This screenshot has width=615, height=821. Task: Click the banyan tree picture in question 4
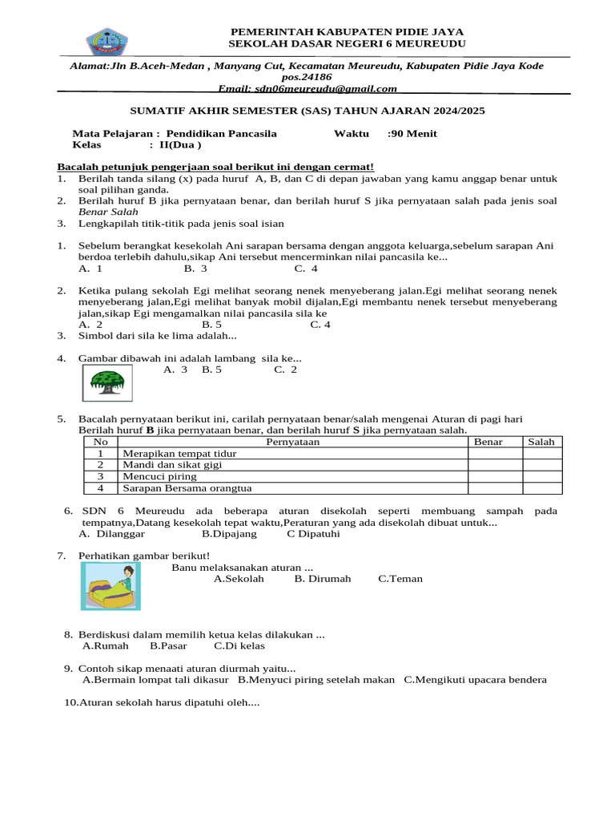pos(107,382)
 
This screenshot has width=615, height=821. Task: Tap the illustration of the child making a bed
pos(111,585)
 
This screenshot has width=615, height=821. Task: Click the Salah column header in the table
pos(541,442)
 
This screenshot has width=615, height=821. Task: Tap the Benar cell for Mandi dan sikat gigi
pos(495,465)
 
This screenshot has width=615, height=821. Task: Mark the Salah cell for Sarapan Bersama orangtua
pos(542,487)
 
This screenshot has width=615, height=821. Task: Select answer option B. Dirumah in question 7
pos(322,579)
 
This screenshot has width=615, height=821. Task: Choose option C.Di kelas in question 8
pos(239,645)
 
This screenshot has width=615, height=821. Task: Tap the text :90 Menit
pos(412,134)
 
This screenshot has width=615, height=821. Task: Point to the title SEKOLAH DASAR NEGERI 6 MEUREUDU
pos(347,43)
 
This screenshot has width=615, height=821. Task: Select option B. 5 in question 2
pos(211,325)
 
